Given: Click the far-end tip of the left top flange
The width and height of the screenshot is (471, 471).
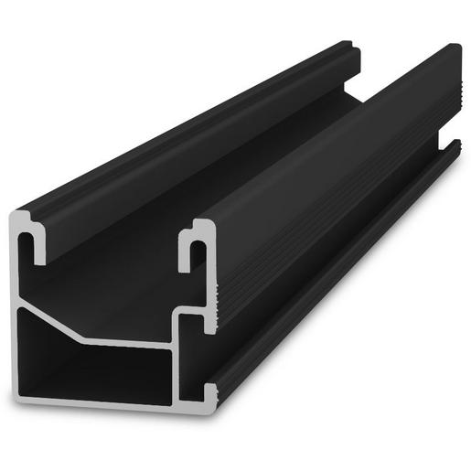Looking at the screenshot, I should [352, 46].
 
